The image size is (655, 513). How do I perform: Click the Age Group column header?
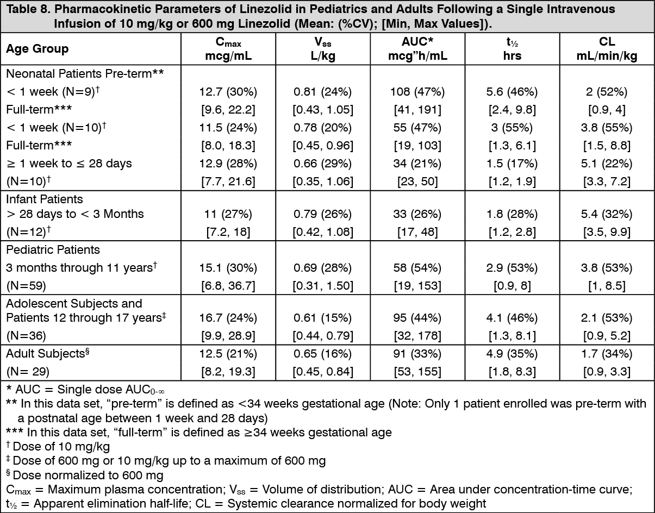click(x=38, y=49)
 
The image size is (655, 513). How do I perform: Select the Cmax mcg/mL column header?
click(x=228, y=48)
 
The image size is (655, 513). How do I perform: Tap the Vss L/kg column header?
click(x=323, y=48)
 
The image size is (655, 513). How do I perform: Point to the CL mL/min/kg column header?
click(x=607, y=48)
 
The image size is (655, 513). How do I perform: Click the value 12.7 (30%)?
click(x=228, y=92)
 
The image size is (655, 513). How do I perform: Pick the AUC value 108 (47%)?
click(x=417, y=92)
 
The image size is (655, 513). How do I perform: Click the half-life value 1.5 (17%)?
click(x=512, y=164)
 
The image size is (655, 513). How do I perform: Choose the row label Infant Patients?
click(x=45, y=199)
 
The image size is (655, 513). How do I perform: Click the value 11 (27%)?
click(x=228, y=214)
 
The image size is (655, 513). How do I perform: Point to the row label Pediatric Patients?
click(x=53, y=250)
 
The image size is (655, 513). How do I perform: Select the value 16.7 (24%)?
click(x=228, y=318)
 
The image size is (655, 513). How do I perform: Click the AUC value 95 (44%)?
click(x=417, y=318)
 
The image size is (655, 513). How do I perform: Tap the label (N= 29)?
click(x=28, y=371)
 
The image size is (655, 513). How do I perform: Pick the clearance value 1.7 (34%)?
click(x=607, y=354)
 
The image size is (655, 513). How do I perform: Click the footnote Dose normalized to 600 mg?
click(x=88, y=476)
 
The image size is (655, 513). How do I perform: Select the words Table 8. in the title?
click(x=28, y=9)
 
